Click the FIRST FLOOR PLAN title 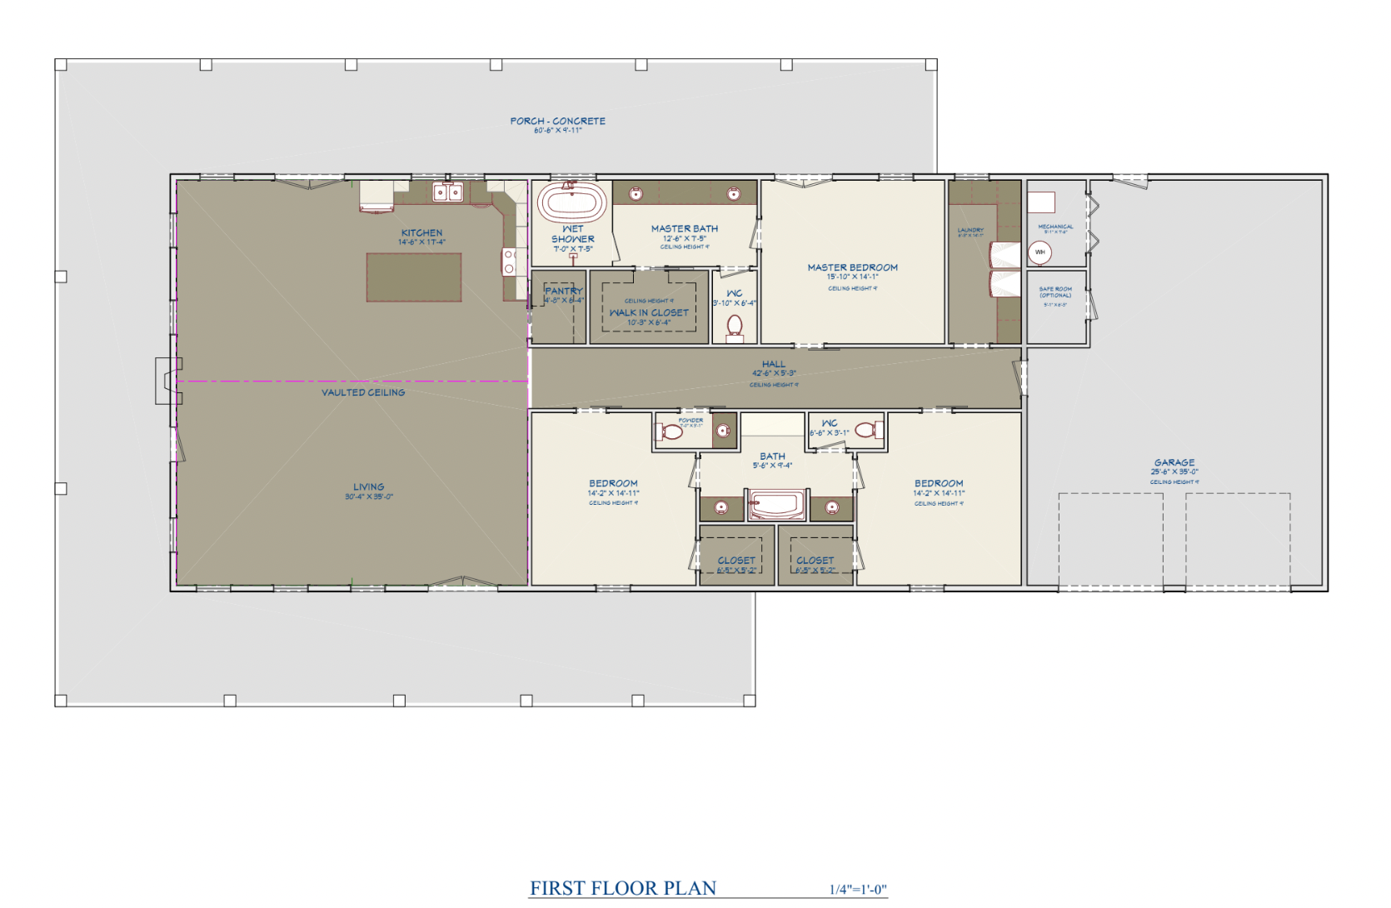[x=623, y=888]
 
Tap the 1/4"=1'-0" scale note [x=858, y=890]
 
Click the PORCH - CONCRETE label [x=557, y=122]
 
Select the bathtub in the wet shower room [x=571, y=202]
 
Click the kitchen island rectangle [x=414, y=277]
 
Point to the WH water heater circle [x=1040, y=252]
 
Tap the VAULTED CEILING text [x=363, y=392]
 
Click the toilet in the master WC [x=735, y=327]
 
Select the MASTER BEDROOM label [x=852, y=268]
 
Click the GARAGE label [x=1174, y=462]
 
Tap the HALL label [x=773, y=364]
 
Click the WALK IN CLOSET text [x=649, y=313]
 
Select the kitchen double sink [x=448, y=193]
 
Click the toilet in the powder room [x=671, y=432]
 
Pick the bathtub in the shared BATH [x=776, y=505]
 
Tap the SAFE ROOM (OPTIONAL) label [x=1055, y=292]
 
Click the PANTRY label [x=564, y=291]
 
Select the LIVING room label [x=368, y=487]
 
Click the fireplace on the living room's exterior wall [x=167, y=381]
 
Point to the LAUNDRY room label [x=970, y=230]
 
